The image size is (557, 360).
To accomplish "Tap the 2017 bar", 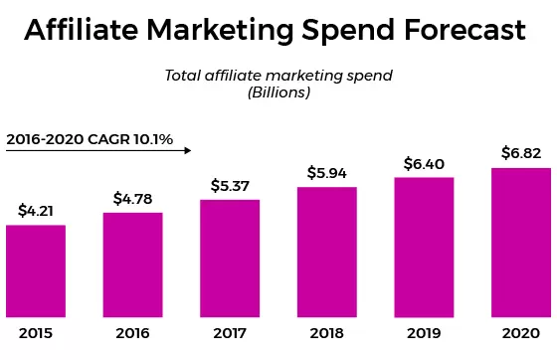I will (x=230, y=257).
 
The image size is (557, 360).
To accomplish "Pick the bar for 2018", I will (x=326, y=250).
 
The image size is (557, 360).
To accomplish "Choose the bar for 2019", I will (x=424, y=245).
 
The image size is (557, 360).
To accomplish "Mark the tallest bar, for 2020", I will (x=520, y=240).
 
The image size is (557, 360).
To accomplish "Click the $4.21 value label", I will (x=36, y=211).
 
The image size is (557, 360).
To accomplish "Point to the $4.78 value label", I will (x=132, y=198).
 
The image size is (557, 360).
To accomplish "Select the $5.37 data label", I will (x=230, y=185).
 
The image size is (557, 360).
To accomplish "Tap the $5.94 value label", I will (x=326, y=172).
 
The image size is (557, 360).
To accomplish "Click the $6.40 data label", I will (x=424, y=163).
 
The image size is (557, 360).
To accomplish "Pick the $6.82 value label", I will (x=520, y=152).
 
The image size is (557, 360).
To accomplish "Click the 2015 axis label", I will (x=36, y=334).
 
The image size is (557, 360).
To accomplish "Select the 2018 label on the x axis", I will (x=326, y=334).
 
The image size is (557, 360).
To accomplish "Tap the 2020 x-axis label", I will (x=520, y=334).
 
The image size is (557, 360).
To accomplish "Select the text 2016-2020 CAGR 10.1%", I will (x=90, y=139).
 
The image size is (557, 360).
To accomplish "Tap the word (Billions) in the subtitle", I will (x=278, y=92).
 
